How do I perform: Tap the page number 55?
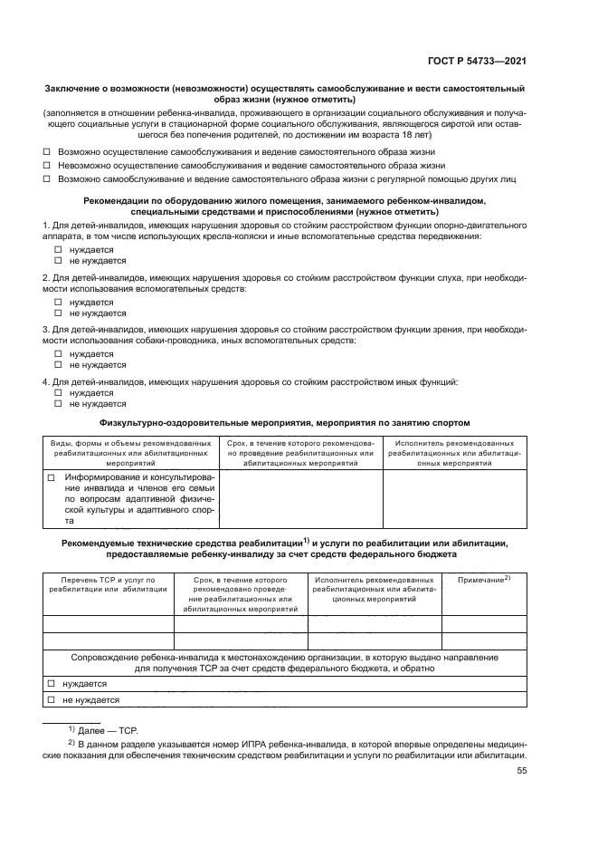tap(521, 771)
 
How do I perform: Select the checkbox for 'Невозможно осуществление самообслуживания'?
tap(48, 166)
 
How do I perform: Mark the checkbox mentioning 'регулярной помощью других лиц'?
tap(48, 179)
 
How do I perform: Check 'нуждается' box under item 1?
tap(59, 249)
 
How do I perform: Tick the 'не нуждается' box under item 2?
tap(59, 313)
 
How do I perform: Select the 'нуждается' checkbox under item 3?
tap(59, 354)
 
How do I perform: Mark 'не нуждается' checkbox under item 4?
tap(59, 405)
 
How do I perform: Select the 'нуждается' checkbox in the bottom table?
tap(52, 684)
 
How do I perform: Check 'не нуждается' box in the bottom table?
tap(52, 700)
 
